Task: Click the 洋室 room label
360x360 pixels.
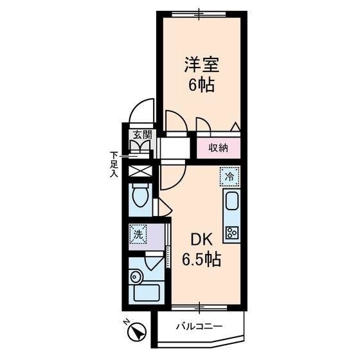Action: (x=202, y=64)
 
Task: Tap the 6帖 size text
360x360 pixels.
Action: (x=202, y=85)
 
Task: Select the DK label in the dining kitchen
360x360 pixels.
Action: (x=202, y=240)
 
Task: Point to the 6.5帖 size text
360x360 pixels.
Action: (x=202, y=259)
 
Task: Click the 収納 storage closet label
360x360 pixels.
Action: (x=219, y=148)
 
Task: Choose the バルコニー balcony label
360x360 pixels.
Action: (x=199, y=327)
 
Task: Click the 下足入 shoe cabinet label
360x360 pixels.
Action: (x=114, y=165)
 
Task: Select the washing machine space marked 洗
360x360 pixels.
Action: (x=138, y=234)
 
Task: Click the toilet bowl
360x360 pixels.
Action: (x=141, y=195)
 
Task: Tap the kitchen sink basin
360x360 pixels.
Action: (x=231, y=201)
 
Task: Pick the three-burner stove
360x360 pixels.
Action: (x=232, y=233)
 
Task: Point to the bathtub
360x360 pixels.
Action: (x=147, y=293)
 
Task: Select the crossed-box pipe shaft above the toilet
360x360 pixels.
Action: (x=140, y=171)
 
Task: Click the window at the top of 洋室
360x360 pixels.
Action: (x=199, y=14)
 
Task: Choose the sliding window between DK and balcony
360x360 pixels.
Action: (x=199, y=308)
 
